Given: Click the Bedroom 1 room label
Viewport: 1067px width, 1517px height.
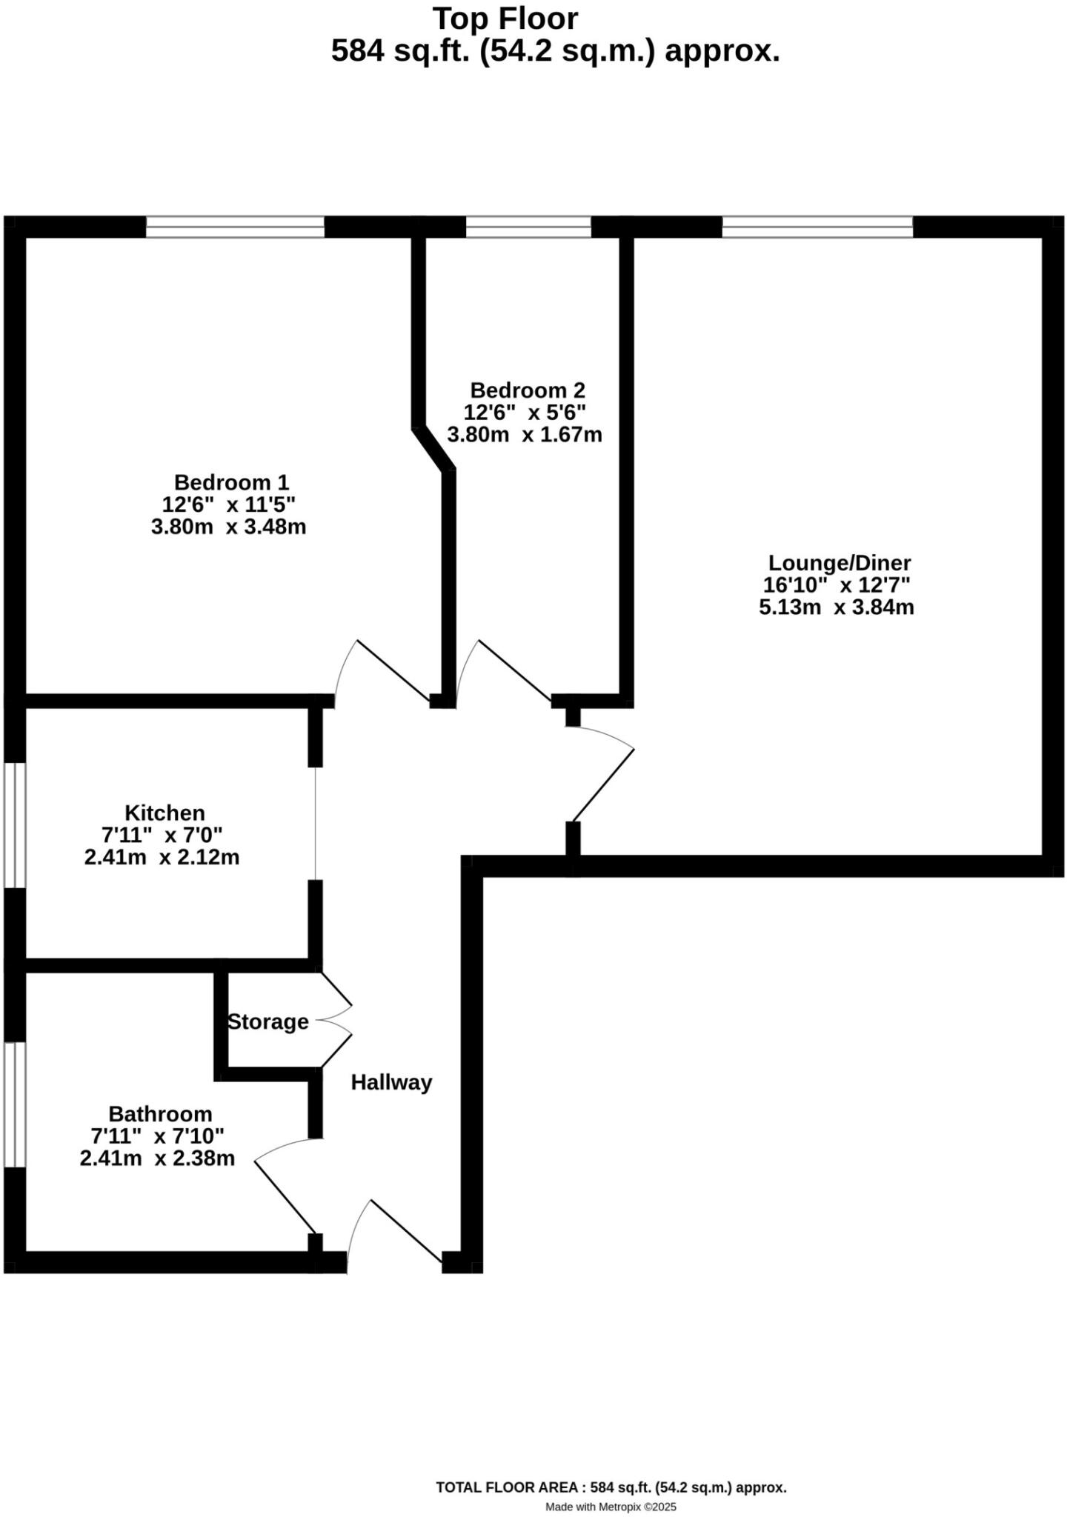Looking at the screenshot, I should pos(231,482).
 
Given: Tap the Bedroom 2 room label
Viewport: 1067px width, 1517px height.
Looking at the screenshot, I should pos(528,390).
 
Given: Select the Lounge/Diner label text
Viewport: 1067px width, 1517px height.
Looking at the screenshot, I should pos(839,562).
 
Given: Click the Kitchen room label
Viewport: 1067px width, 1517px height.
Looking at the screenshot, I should pos(164,813).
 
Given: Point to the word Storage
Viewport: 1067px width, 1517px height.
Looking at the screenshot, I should pos(267,1021).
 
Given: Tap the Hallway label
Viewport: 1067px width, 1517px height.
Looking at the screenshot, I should pos(391,1082).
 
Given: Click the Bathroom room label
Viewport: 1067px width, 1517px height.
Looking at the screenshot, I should pos(160,1113).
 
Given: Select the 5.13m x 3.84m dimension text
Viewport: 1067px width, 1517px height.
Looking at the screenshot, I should pos(837,607).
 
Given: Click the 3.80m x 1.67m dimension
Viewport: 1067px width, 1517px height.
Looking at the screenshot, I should pos(525,434).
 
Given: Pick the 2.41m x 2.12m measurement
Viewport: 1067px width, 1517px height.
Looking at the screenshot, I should pos(162,857).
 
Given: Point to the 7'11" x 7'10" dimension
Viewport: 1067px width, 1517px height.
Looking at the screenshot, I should pos(157,1136).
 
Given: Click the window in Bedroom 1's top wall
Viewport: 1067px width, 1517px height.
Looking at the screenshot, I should pos(235,227).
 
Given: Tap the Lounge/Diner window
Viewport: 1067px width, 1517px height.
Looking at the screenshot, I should pos(817,227).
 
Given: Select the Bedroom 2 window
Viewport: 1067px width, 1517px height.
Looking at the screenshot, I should pos(528,227).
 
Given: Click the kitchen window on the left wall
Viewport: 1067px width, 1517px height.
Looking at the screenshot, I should pos(15,824).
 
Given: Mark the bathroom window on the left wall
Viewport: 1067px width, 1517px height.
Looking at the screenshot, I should pos(15,1104).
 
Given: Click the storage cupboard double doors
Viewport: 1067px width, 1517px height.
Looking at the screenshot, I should pos(335,1020).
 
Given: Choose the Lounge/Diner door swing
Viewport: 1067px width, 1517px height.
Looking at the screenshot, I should pos(602,774).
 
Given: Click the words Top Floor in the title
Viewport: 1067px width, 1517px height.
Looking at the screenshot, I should pos(505,18).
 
